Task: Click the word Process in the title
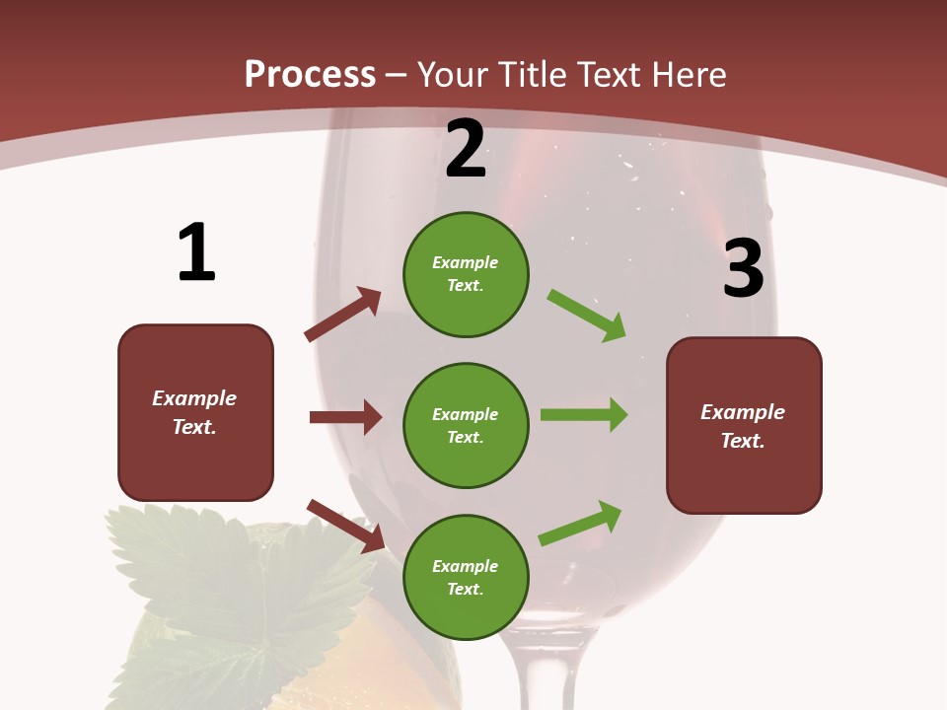[x=310, y=75]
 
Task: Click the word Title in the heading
[x=533, y=75]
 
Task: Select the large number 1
[x=196, y=252]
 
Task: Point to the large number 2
[x=466, y=149]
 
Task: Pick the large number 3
[x=743, y=268]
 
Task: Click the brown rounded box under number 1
[x=195, y=412]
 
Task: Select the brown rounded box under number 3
[x=744, y=426]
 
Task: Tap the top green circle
[x=466, y=274]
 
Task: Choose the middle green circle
[x=466, y=426]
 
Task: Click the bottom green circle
[x=466, y=578]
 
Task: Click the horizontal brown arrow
[x=345, y=417]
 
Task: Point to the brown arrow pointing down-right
[x=346, y=526]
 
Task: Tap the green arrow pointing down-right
[x=587, y=315]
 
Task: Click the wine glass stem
[x=544, y=671]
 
